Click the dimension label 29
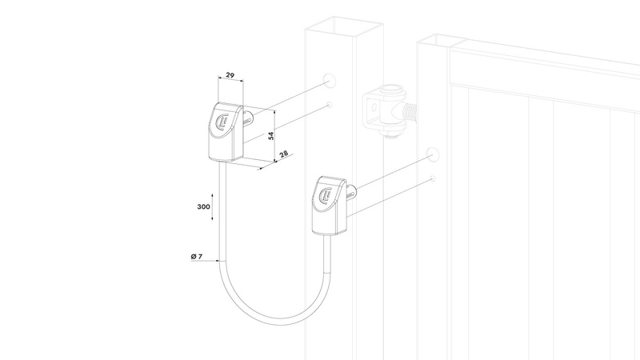click(x=230, y=75)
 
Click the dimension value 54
click(x=271, y=135)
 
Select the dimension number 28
click(x=284, y=154)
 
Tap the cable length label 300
click(x=204, y=206)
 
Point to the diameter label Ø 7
click(x=196, y=256)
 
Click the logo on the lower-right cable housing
click(x=327, y=195)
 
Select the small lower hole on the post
click(x=329, y=105)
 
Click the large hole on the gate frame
click(x=433, y=154)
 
